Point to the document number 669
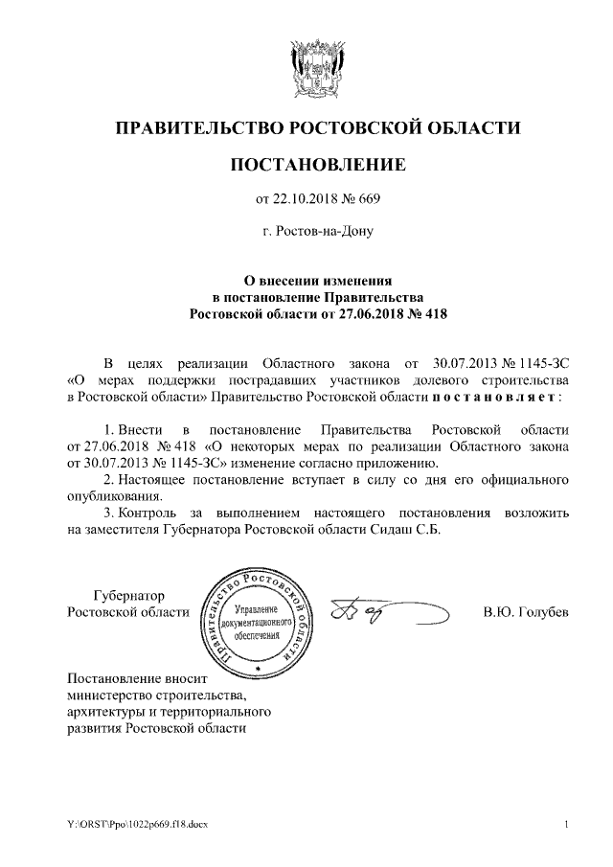pos(370,199)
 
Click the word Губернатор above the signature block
pos(128,596)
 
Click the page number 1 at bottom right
pos(566,825)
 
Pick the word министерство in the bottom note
pos(105,695)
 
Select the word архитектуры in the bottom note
pos(103,712)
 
